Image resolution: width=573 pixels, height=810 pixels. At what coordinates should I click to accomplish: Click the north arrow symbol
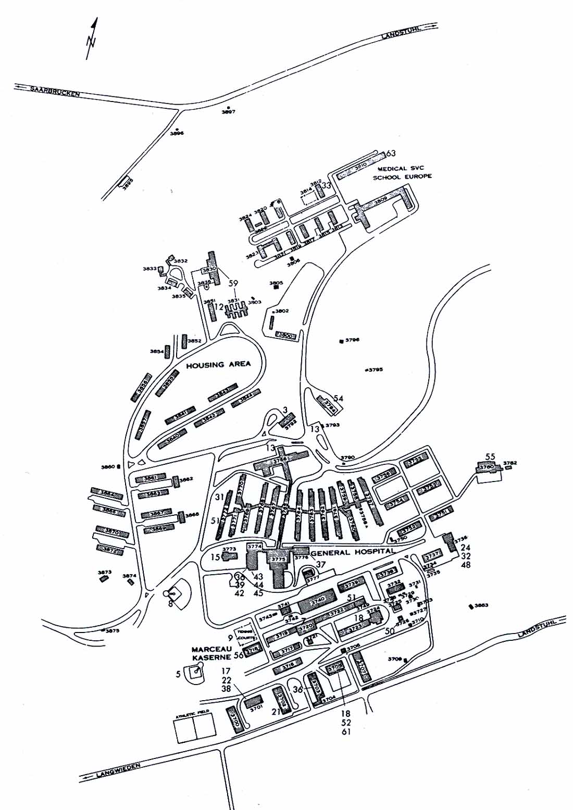tap(92, 39)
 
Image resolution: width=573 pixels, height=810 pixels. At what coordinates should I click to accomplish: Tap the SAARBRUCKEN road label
tap(55, 91)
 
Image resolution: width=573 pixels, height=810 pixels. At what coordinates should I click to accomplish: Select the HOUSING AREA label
tap(218, 364)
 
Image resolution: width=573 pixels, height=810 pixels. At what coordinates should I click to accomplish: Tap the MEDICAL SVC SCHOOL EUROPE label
tap(401, 172)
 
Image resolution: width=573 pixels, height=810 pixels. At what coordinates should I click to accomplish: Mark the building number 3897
tap(228, 112)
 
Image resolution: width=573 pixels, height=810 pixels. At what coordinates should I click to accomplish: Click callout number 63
tap(391, 153)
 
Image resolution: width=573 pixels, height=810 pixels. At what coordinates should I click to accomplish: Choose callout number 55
tap(490, 457)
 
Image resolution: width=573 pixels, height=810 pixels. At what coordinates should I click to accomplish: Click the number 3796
tap(353, 340)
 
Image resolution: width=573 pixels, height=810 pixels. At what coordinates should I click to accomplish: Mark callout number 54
tap(339, 399)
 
